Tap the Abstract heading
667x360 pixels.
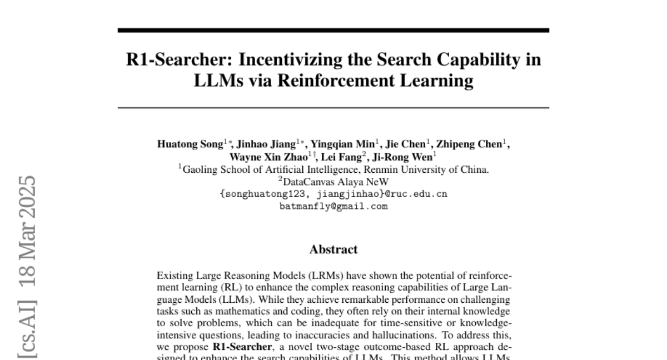333,249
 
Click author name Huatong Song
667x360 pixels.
190,144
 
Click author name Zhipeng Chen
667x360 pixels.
469,144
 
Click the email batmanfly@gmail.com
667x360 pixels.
333,206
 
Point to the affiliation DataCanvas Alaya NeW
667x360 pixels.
335,182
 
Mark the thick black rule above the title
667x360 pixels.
333,30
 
